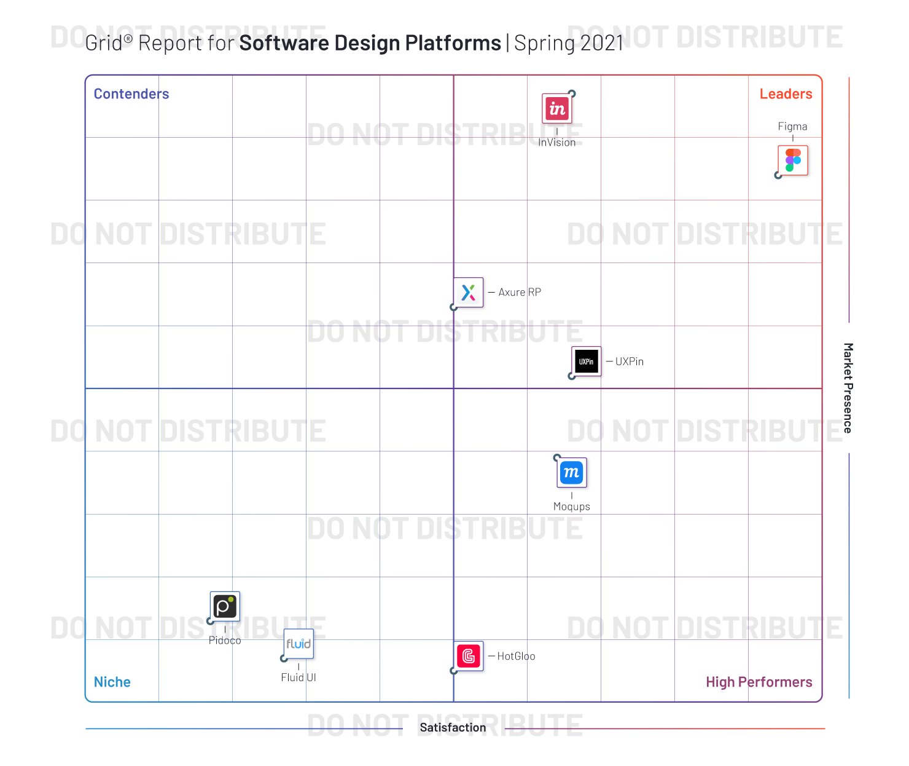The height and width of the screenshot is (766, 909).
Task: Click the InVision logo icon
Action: tap(557, 109)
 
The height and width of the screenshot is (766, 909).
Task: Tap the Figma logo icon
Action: tap(793, 160)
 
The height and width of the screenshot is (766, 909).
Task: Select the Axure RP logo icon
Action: tap(469, 293)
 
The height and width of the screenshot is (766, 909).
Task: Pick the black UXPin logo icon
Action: tap(587, 361)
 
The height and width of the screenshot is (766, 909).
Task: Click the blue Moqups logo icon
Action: tap(572, 473)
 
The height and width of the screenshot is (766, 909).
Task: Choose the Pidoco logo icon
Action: tap(225, 607)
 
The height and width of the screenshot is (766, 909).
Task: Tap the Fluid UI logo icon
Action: tap(298, 644)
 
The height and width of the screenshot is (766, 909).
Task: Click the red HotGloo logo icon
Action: tap(469, 657)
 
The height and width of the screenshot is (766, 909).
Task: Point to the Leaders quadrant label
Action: tap(786, 94)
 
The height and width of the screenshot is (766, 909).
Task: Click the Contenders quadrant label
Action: tap(131, 94)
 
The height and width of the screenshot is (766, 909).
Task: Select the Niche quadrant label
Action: tap(112, 682)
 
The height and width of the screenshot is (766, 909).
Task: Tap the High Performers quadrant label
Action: tap(759, 682)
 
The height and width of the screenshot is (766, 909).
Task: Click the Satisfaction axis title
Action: tap(453, 728)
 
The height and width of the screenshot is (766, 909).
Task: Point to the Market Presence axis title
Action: tap(848, 388)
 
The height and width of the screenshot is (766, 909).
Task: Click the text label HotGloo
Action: tap(516, 657)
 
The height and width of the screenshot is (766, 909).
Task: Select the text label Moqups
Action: tap(572, 507)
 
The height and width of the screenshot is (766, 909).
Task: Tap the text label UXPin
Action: tap(630, 361)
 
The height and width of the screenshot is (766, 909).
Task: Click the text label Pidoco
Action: tap(225, 641)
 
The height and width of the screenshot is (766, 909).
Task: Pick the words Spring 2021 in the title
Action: tap(569, 43)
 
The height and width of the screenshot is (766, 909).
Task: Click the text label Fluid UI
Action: tap(298, 677)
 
